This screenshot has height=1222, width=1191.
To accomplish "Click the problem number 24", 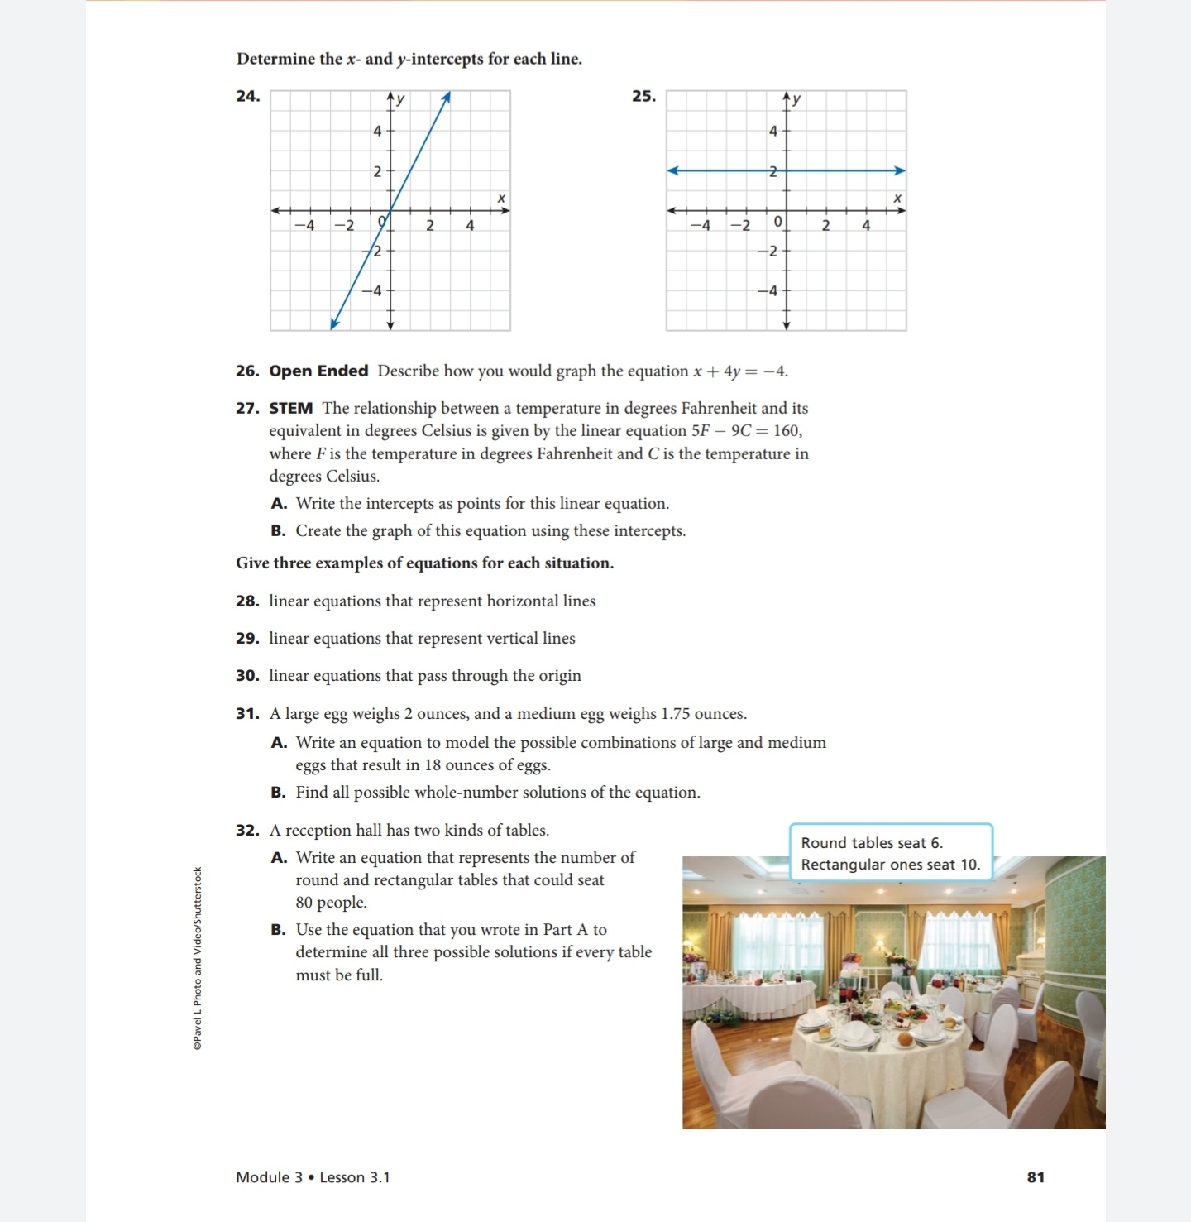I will tap(247, 96).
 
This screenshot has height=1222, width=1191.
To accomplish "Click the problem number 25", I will tap(643, 96).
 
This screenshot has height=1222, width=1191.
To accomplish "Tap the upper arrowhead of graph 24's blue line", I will tap(447, 97).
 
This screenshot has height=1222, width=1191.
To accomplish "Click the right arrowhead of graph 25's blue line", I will tap(900, 170).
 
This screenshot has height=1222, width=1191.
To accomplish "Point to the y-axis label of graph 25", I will tap(796, 99).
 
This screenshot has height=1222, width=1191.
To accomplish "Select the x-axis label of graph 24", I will tap(500, 198).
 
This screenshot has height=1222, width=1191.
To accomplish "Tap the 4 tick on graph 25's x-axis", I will tap(866, 225).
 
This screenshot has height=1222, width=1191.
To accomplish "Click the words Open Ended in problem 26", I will tap(318, 371).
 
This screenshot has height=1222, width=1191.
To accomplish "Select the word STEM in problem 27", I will tap(290, 408).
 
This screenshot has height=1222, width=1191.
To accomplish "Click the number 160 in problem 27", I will tap(786, 430).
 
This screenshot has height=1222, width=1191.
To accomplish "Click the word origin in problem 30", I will tap(560, 675).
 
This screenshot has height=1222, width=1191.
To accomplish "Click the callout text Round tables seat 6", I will tap(871, 842).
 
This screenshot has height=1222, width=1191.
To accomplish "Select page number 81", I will tap(1036, 1176).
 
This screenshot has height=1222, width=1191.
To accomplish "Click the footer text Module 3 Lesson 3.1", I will tap(313, 1176).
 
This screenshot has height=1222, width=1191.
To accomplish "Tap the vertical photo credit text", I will tap(198, 958).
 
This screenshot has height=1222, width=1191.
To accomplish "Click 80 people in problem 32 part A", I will tap(331, 902).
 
